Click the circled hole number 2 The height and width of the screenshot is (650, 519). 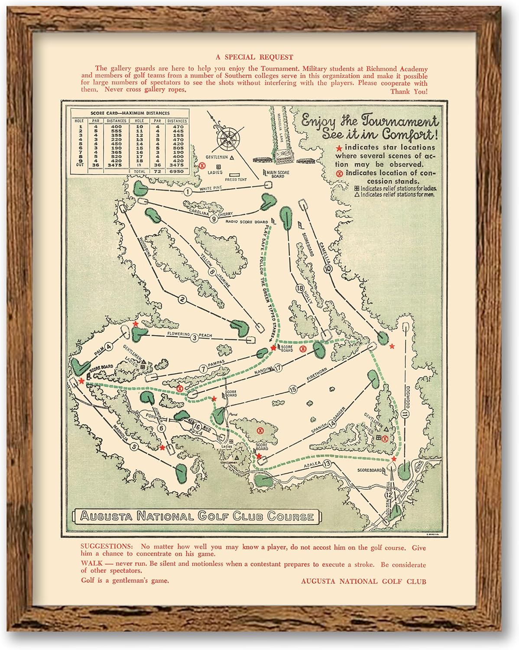tap(182, 299)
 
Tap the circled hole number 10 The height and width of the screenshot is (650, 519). tap(327, 269)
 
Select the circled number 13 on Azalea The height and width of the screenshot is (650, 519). tap(327, 464)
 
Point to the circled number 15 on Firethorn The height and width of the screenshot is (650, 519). tap(293, 390)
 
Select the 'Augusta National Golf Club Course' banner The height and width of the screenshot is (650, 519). tap(197, 516)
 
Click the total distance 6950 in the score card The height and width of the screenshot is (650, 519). tap(177, 171)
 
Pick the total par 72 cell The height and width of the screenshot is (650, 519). tap(157, 171)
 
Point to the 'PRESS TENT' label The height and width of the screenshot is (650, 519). tap(236, 179)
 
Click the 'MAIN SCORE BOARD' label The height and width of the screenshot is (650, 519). tap(278, 174)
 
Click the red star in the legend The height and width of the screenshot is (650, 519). tap(339, 148)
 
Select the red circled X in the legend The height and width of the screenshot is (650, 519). tap(340, 173)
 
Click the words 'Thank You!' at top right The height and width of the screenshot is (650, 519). tap(409, 91)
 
